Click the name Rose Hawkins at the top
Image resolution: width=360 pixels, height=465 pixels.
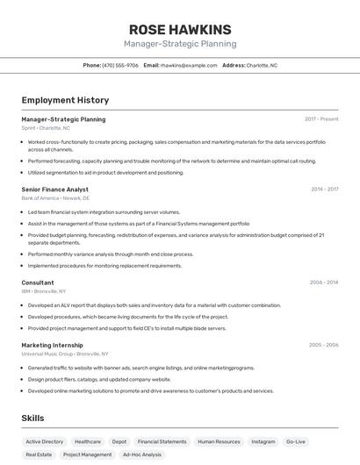coord(180,29)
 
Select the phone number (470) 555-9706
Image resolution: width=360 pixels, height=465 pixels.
coord(120,65)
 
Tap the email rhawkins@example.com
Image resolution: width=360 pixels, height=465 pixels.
coord(188,65)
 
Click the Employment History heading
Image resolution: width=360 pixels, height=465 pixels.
coord(65,100)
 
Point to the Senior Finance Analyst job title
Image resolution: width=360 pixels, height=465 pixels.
coord(54,189)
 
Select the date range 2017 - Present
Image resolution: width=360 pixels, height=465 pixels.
coord(321,118)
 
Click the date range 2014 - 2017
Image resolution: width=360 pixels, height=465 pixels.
coord(324,189)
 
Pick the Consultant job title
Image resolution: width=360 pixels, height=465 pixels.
coord(38,283)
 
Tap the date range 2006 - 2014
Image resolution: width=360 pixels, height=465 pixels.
coord(324,283)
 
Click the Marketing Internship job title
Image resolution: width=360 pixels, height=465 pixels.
coord(52,345)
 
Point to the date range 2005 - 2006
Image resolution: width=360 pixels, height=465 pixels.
coord(324,345)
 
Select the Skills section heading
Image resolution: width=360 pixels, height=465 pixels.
coord(33,418)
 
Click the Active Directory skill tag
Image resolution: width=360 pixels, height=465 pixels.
coord(45,441)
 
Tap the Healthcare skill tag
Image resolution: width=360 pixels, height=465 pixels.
coord(88,441)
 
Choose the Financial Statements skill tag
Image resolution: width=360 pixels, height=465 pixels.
coord(162,441)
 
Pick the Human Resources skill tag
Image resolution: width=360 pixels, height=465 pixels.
coord(219,441)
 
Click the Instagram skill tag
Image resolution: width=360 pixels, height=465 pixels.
coord(263,441)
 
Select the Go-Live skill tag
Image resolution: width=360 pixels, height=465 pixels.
coord(296,441)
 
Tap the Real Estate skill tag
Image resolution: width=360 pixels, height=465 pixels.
coord(39,454)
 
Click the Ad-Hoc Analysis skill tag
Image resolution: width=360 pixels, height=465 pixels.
coord(142,454)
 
